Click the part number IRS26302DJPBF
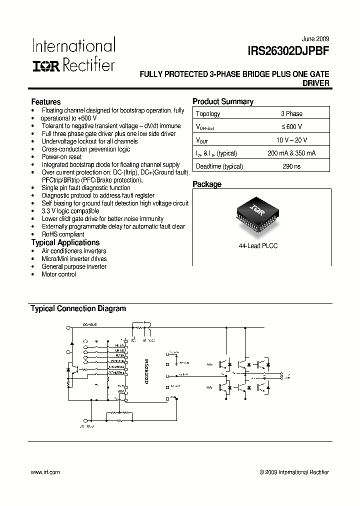(x=288, y=50)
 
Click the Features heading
(x=46, y=101)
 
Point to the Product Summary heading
(x=223, y=101)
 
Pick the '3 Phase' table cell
(x=291, y=113)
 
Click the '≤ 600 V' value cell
(x=291, y=127)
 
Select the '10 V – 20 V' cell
(x=291, y=140)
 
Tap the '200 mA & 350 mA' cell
(x=291, y=153)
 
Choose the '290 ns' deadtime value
(x=291, y=166)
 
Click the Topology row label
(x=208, y=113)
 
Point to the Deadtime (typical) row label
(x=219, y=166)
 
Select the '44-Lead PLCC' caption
(x=257, y=245)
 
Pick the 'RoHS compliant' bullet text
(x=63, y=234)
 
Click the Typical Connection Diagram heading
(x=78, y=308)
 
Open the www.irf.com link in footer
(x=45, y=472)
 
